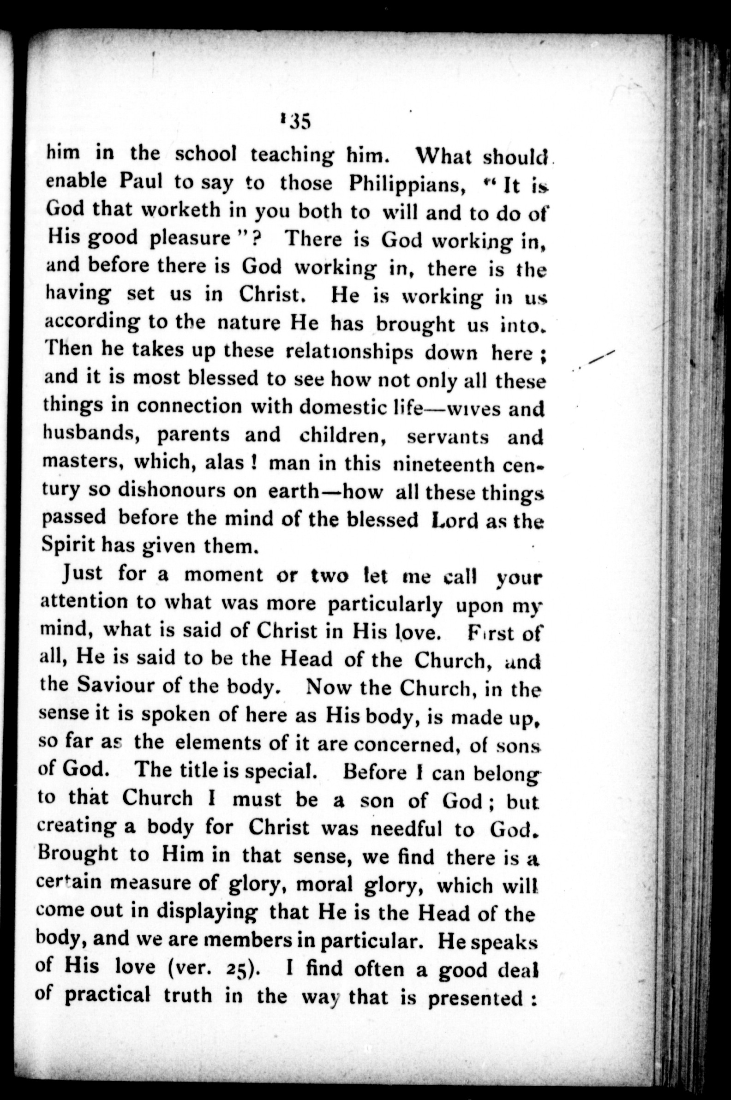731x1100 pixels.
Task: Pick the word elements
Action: (x=219, y=741)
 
